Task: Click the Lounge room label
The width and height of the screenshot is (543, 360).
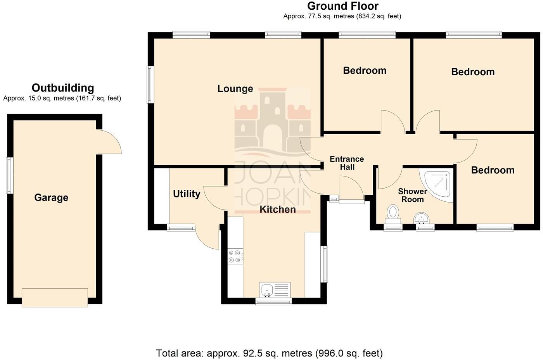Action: pyautogui.click(x=235, y=89)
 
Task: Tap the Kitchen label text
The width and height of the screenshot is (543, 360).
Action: pyautogui.click(x=277, y=209)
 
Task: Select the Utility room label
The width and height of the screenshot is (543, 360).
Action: pyautogui.click(x=187, y=194)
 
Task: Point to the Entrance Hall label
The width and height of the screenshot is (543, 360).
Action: pyautogui.click(x=347, y=163)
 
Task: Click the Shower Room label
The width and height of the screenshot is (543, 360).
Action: pyautogui.click(x=412, y=196)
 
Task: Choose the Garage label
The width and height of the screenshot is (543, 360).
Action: pyautogui.click(x=51, y=197)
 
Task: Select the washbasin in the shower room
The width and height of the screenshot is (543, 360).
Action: pyautogui.click(x=421, y=218)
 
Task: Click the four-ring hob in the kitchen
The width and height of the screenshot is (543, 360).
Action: pyautogui.click(x=235, y=256)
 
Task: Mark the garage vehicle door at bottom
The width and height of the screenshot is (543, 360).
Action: pyautogui.click(x=55, y=298)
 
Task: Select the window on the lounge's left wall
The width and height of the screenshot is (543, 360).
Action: pyautogui.click(x=150, y=85)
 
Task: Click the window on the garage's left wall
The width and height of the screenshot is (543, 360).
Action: pyautogui.click(x=10, y=175)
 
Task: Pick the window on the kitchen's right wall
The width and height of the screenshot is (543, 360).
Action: pyautogui.click(x=325, y=264)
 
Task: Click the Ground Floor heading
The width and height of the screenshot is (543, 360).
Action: pyautogui.click(x=342, y=6)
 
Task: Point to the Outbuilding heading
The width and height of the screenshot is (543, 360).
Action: pyautogui.click(x=63, y=88)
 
